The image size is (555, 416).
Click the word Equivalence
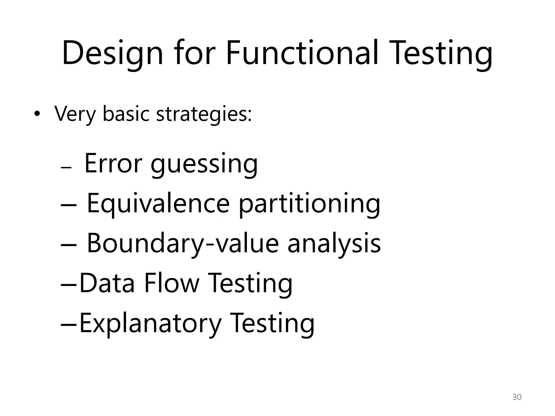(158, 204)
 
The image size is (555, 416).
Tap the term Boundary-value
(183, 244)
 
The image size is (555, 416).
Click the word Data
(107, 283)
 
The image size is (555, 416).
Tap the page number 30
(517, 397)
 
